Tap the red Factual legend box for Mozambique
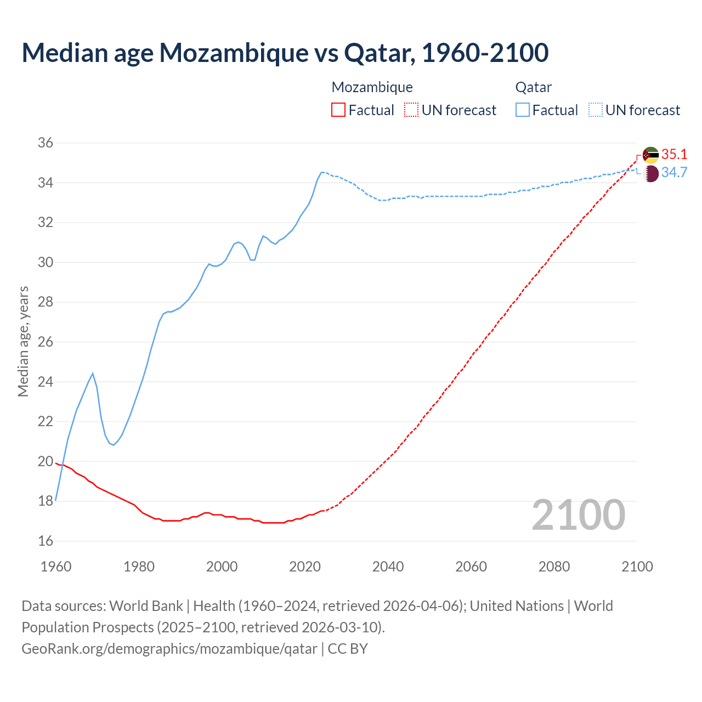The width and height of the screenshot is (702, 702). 338,110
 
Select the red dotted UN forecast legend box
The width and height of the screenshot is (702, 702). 411,110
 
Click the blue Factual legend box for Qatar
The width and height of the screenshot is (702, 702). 523,110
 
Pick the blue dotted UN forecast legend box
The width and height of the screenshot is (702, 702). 596,110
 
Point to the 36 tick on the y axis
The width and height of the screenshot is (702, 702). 46,143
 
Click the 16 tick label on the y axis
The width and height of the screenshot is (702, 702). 46,541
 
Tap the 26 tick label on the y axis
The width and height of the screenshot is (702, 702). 46,342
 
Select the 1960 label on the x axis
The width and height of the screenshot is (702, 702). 56,567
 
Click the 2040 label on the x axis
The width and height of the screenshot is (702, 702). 388,567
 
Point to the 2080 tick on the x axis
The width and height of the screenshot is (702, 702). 554,567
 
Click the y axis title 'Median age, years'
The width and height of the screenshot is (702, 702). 23,341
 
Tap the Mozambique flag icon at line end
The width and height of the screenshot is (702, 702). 650,155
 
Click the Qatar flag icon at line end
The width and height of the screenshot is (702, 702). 650,174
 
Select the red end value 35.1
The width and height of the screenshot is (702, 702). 674,154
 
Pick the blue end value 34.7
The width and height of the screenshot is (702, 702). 674,173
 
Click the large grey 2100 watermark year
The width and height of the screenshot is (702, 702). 578,515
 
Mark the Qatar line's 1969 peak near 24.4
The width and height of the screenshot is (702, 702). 93,373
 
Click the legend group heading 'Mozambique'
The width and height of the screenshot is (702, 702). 372,87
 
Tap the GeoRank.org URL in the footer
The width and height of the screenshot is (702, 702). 169,649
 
